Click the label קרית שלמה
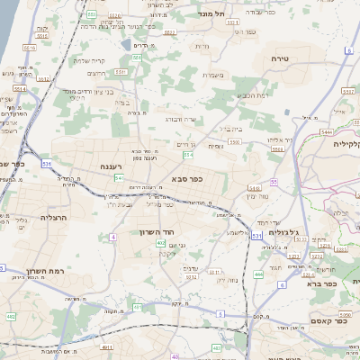89,61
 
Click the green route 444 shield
258,274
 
